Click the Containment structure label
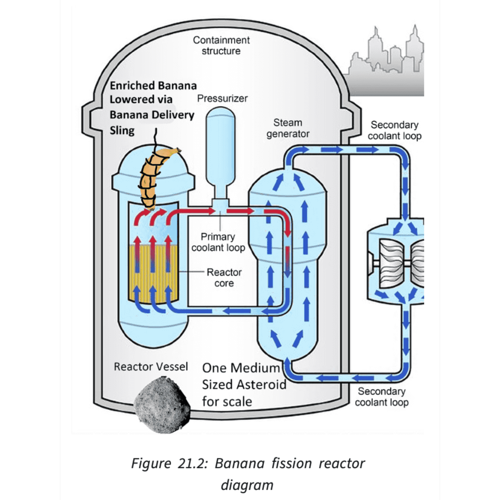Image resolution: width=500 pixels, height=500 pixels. coord(221,45)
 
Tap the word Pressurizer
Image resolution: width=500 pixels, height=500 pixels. coord(222,98)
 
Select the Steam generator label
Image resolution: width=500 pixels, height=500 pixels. coord(288,128)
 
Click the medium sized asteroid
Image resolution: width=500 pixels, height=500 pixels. coord(162,405)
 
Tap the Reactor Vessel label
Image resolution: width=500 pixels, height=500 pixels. coord(151,367)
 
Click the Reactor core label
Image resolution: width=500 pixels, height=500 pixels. coord(224,278)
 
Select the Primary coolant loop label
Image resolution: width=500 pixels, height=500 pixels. coord(218,242)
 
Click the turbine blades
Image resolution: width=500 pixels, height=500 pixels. coord(393,264)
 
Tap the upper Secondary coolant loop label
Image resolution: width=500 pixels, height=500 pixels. coord(394,130)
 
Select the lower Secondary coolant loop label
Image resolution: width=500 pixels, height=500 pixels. coord(381,397)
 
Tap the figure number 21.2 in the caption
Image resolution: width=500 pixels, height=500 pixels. coord(192,463)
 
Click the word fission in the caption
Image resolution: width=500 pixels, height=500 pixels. coord(291,463)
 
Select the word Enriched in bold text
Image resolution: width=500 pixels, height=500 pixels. coord(132,86)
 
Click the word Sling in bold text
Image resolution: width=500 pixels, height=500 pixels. coord(122,131)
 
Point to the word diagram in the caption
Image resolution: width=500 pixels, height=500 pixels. coord(247,485)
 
